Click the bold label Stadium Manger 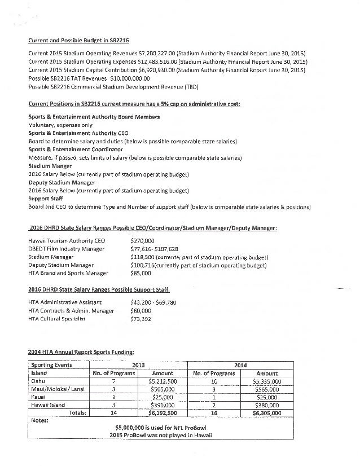pos(50,166)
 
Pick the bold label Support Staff pos(46,199)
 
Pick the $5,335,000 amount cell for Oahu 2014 pos(267,381)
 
